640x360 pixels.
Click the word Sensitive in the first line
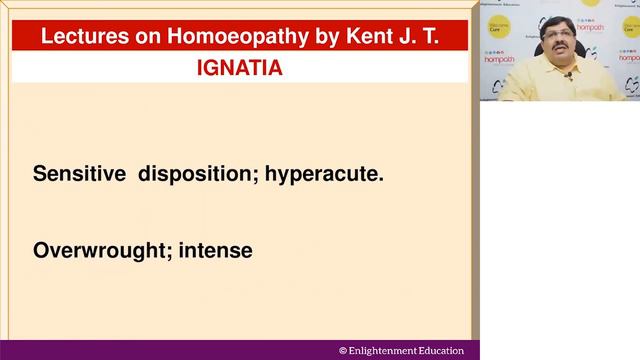pos(75,173)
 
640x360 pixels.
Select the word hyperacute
pos(325,173)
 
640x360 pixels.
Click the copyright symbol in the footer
pos(343,351)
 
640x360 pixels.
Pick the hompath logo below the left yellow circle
pos(498,58)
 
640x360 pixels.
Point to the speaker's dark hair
pos(556,21)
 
